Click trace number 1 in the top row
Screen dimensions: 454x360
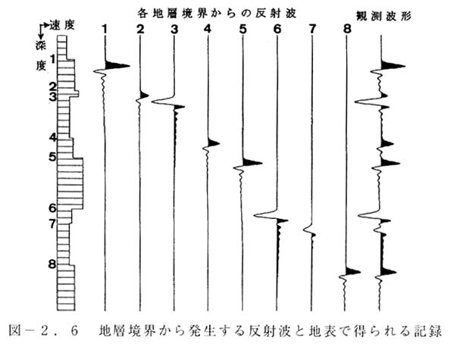105,29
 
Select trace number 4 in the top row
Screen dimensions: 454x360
208,29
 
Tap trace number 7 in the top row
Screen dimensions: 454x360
312,29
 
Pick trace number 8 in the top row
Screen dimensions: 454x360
346,29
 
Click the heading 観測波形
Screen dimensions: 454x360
384,16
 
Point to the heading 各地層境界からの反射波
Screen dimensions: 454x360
217,14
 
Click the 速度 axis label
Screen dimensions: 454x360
62,25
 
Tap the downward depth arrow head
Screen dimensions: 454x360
41,37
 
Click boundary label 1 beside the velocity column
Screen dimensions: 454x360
53,60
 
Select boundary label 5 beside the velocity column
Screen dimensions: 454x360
52,158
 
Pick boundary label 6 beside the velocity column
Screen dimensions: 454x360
52,208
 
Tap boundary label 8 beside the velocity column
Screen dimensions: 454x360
52,264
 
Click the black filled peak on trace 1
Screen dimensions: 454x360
117,65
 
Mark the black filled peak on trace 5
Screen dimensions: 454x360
252,162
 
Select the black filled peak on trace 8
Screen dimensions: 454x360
352,271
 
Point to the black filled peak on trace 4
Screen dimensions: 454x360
214,143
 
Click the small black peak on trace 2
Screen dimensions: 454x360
144,95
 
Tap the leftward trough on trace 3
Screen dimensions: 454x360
162,102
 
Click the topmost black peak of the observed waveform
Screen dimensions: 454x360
393,66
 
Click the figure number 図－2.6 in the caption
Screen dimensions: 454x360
43,330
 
